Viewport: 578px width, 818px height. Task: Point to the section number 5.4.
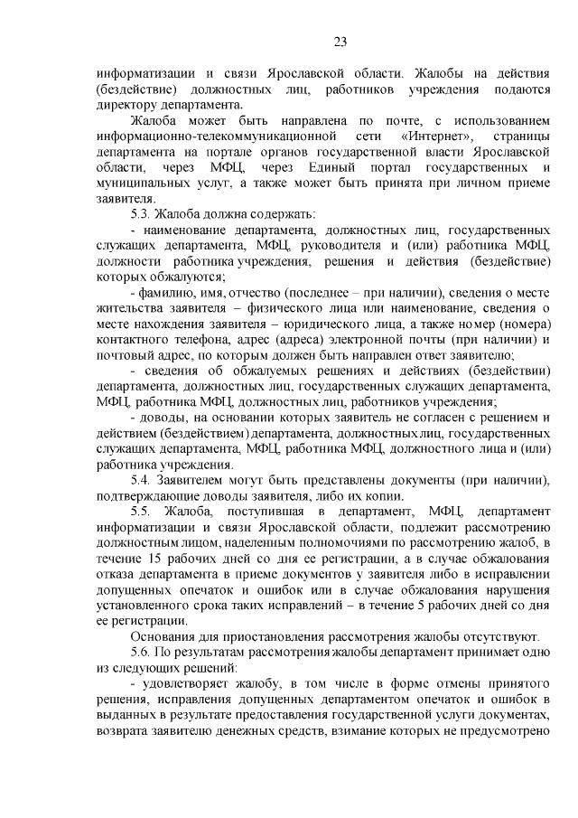141,479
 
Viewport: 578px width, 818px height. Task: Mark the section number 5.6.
141,652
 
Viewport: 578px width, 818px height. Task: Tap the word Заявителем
196,479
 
